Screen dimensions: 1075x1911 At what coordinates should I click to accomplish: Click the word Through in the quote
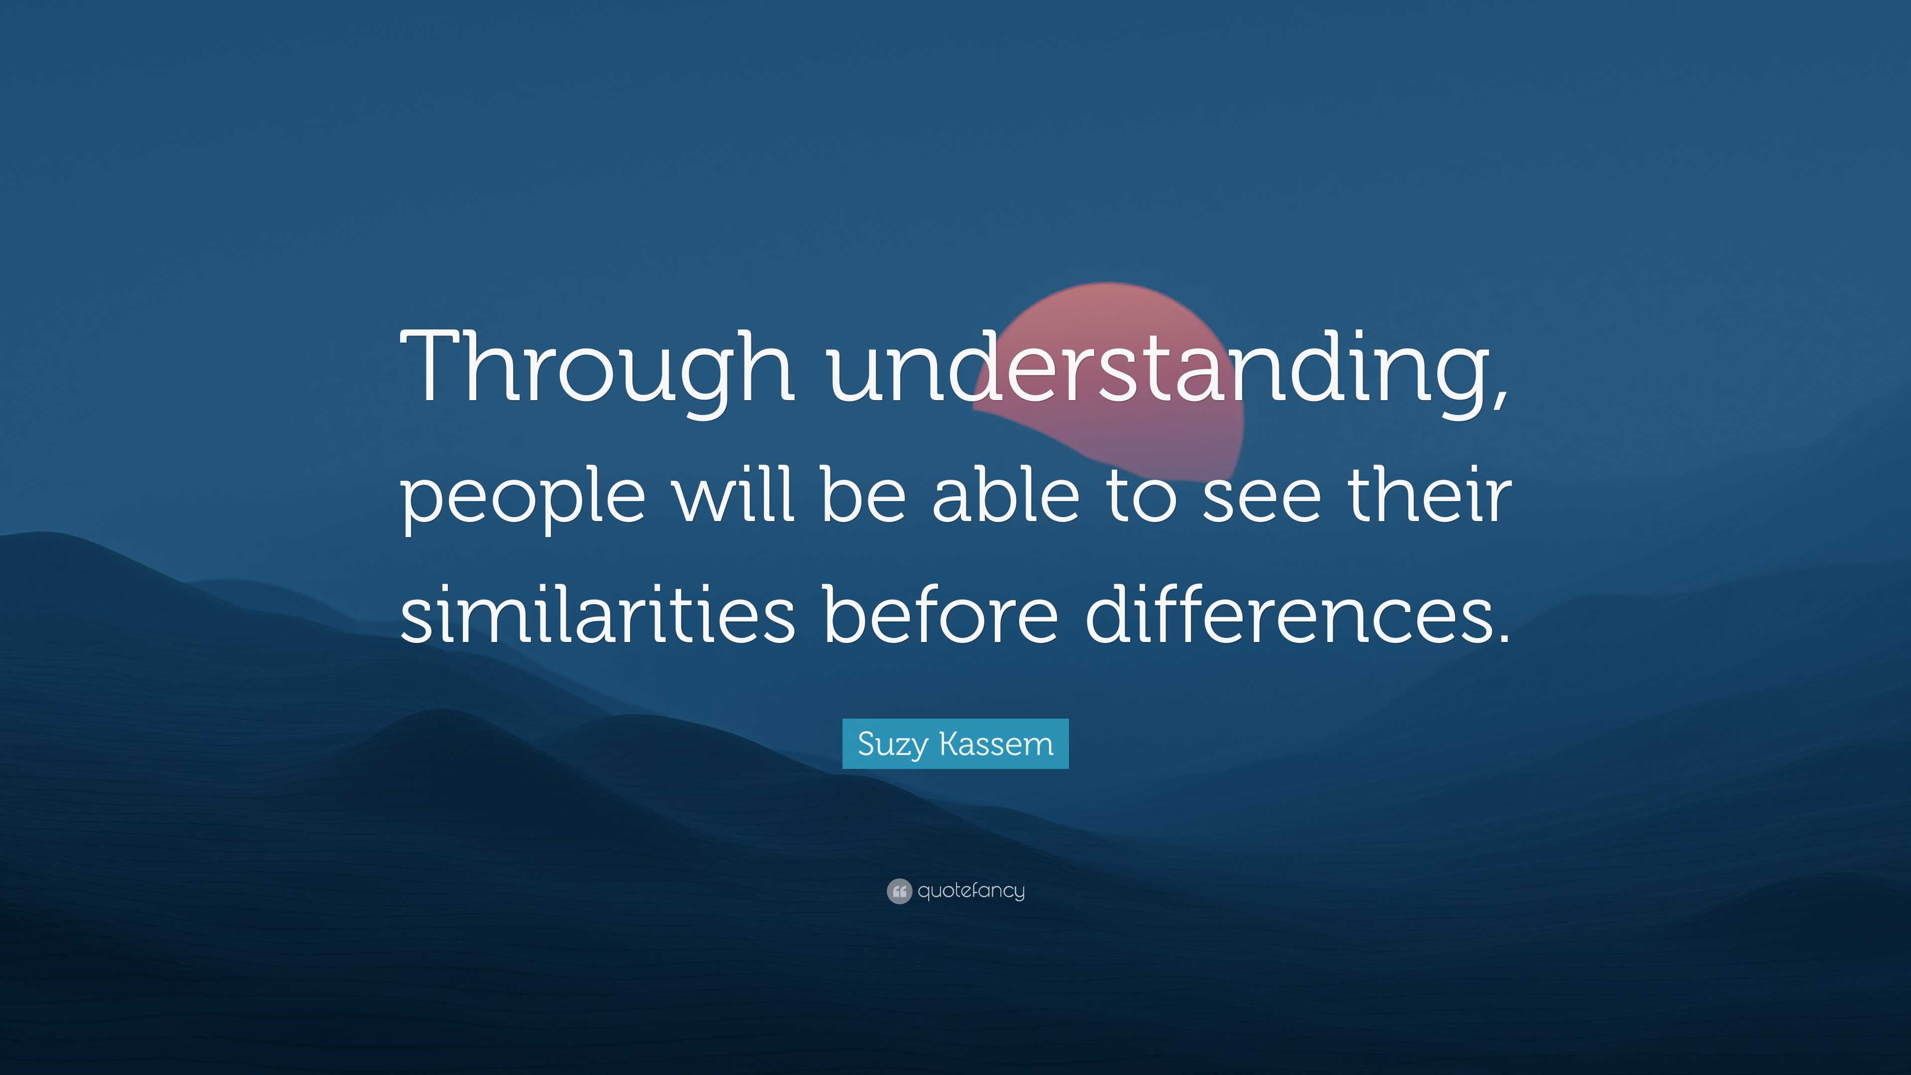pyautogui.click(x=597, y=367)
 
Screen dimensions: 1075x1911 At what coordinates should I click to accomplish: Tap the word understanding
pyautogui.click(x=1157, y=367)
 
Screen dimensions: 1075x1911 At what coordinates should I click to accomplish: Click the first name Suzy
pyautogui.click(x=892, y=744)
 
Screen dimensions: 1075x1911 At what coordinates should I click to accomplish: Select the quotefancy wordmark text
pyautogui.click(x=971, y=890)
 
